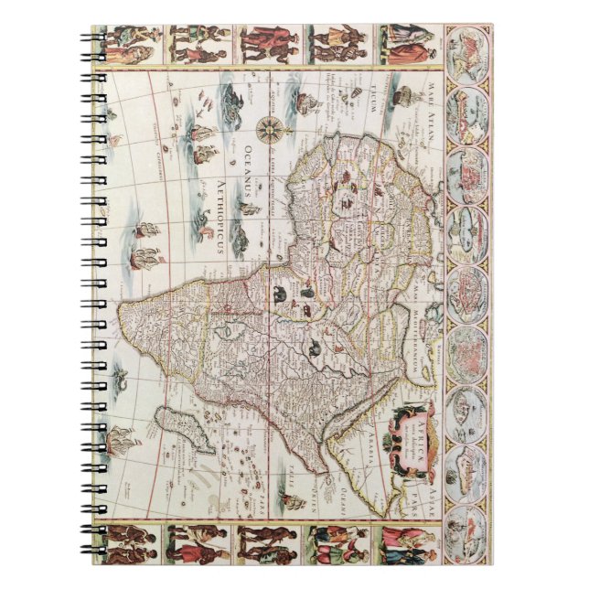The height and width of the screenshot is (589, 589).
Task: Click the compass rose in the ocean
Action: tap(272, 130)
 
